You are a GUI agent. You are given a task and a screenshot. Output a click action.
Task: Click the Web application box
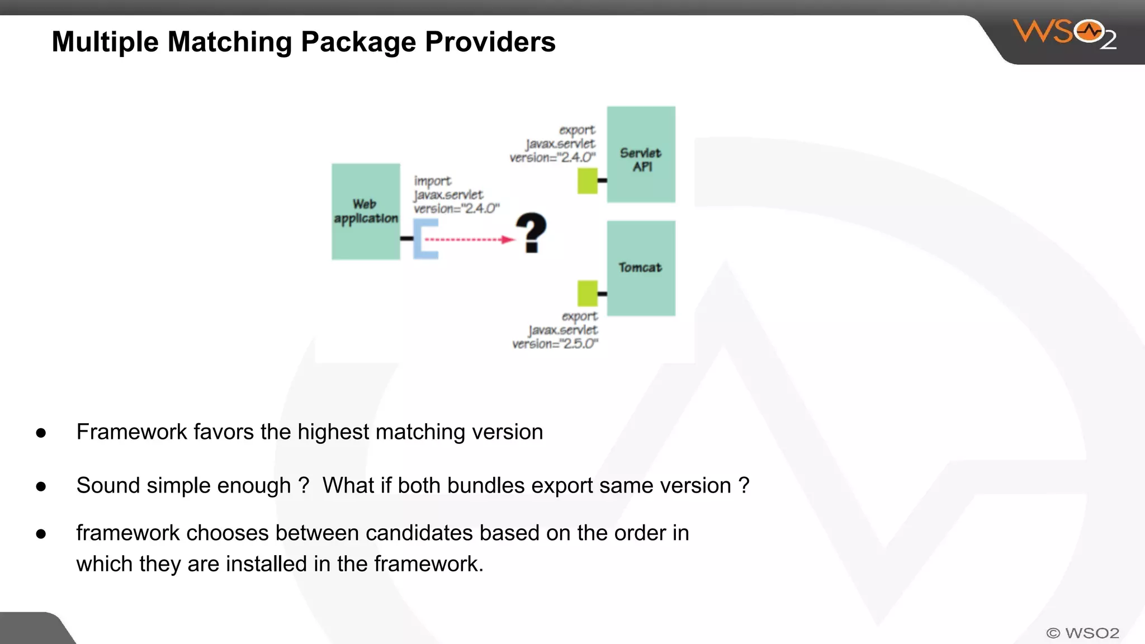pyautogui.click(x=366, y=211)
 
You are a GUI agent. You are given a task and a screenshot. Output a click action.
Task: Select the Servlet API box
pyautogui.click(x=641, y=154)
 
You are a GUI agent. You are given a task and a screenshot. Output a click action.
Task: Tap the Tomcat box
pyautogui.click(x=641, y=268)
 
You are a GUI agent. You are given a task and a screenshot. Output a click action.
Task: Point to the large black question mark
pyautogui.click(x=531, y=233)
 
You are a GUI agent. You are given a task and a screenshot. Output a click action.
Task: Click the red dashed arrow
pyautogui.click(x=469, y=240)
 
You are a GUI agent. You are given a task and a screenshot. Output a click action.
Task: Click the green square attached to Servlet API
pyautogui.click(x=587, y=181)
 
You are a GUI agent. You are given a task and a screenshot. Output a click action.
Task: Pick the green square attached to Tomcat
pyautogui.click(x=587, y=293)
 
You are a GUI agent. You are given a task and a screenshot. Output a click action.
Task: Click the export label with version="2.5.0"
pyautogui.click(x=555, y=330)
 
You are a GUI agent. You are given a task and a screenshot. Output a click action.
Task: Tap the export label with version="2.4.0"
pyautogui.click(x=553, y=144)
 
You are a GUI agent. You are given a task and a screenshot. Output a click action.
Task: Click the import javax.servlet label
pyautogui.click(x=455, y=195)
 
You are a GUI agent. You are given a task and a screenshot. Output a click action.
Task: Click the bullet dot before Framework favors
pyautogui.click(x=41, y=433)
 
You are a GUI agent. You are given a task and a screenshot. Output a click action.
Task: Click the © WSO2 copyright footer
pyautogui.click(x=1082, y=633)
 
